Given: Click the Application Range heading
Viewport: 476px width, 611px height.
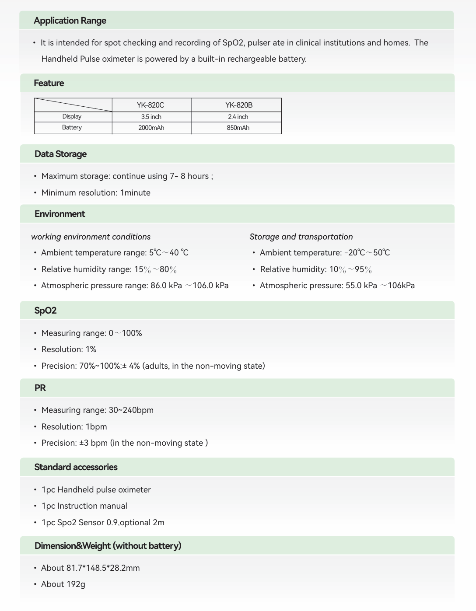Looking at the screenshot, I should pyautogui.click(x=70, y=21).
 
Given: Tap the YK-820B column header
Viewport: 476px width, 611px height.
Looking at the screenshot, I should pyautogui.click(x=239, y=105).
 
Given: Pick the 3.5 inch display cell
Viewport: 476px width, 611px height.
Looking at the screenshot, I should pyautogui.click(x=151, y=117).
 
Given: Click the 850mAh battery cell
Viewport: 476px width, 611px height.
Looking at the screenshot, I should pyautogui.click(x=238, y=128).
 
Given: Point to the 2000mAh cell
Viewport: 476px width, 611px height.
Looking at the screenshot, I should pyautogui.click(x=151, y=128).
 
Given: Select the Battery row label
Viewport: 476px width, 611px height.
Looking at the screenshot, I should pyautogui.click(x=72, y=127).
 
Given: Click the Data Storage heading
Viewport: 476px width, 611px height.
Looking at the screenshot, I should pyautogui.click(x=60, y=154).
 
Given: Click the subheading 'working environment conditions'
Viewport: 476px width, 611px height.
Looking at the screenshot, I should pyautogui.click(x=91, y=237).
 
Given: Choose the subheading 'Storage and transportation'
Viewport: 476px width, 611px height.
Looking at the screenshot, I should pyautogui.click(x=301, y=237).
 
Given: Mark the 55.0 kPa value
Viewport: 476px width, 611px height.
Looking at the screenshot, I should pyautogui.click(x=361, y=286).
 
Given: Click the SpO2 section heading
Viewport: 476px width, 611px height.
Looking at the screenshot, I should pyautogui.click(x=45, y=311).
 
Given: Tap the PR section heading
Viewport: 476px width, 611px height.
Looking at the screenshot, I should pyautogui.click(x=40, y=388).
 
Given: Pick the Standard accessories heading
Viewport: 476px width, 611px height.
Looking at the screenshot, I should pyautogui.click(x=76, y=467).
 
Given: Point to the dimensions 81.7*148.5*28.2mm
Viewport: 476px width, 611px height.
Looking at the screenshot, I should pyautogui.click(x=103, y=568).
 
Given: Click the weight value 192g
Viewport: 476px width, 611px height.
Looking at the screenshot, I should pyautogui.click(x=76, y=584).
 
